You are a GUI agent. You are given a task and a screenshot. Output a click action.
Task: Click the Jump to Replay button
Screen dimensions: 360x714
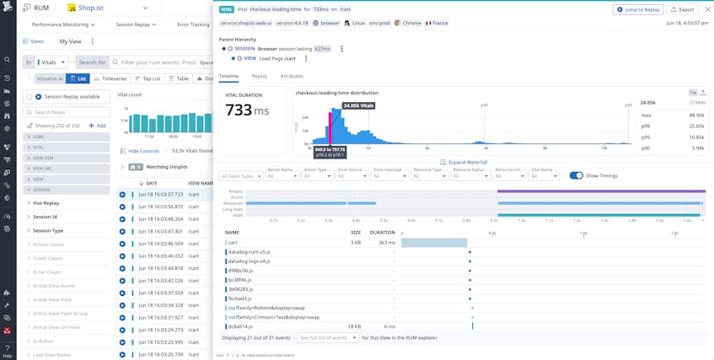637,9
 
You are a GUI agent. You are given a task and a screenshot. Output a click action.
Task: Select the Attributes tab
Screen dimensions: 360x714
292,76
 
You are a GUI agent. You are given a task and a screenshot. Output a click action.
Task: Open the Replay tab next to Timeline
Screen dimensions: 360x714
260,76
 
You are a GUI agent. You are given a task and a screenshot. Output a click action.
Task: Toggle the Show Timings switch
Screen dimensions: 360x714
577,175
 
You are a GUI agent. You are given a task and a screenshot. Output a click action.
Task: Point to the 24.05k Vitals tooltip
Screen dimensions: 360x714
358,105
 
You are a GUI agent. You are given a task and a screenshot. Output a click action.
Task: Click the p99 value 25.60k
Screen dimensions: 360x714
696,126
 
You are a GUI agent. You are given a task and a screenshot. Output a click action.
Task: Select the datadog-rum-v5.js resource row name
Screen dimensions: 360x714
249,252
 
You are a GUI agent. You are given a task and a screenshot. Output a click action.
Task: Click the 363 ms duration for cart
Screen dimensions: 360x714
386,242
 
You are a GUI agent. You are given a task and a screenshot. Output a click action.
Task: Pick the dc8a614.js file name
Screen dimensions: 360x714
240,326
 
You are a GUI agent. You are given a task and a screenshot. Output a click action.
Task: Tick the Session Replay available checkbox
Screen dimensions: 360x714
29,97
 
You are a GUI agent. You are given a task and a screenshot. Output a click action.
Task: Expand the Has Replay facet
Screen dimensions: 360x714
46,203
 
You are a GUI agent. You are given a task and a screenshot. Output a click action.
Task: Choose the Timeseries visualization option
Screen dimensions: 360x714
110,78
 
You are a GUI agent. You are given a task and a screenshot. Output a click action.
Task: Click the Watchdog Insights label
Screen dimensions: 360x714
167,166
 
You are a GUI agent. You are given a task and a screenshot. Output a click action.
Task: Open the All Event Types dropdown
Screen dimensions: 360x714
240,176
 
